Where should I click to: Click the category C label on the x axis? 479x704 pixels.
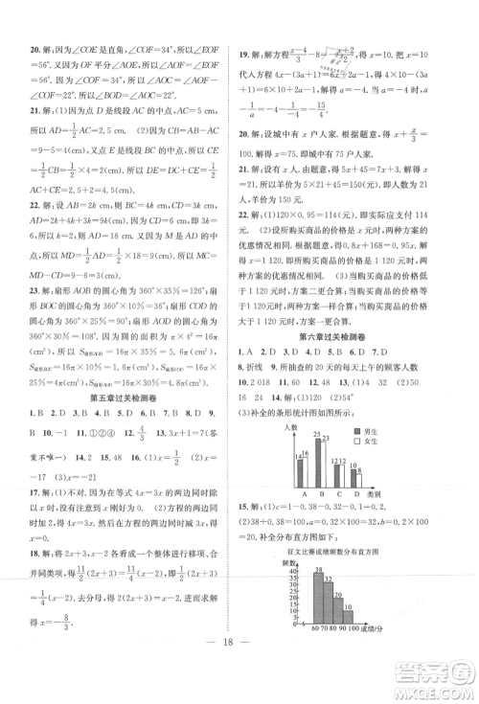(339, 494)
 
